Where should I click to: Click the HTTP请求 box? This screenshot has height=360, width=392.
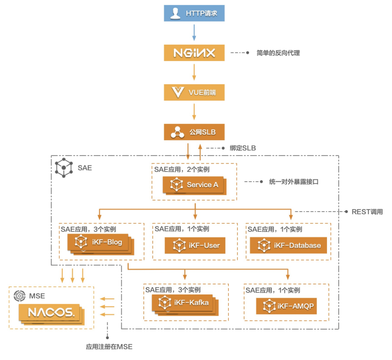[194, 13]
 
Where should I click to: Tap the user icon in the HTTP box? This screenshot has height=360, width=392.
[175, 13]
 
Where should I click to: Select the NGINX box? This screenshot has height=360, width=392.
[194, 53]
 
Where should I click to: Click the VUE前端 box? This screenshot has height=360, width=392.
[194, 92]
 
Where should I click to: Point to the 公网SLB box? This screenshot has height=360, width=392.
[194, 132]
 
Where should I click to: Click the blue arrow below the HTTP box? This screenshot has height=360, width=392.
[194, 33]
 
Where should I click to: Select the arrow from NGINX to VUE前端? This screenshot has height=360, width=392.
[194, 72]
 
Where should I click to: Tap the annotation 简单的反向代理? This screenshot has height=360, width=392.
[278, 53]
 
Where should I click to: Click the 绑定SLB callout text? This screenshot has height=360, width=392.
[243, 148]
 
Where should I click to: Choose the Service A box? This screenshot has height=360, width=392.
[194, 185]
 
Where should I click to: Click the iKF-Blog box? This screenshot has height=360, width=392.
[101, 244]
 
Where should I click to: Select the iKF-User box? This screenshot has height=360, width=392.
[195, 245]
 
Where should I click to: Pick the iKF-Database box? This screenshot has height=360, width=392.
[289, 245]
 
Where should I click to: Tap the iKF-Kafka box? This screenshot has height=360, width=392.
[185, 305]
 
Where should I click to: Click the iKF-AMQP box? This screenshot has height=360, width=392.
[286, 306]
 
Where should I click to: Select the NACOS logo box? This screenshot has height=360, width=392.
[51, 314]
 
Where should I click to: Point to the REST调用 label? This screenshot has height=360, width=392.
[367, 212]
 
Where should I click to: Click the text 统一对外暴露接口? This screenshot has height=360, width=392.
[294, 181]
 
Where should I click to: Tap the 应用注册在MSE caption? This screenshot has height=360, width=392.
[109, 347]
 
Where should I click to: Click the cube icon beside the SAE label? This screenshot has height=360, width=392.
[64, 168]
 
